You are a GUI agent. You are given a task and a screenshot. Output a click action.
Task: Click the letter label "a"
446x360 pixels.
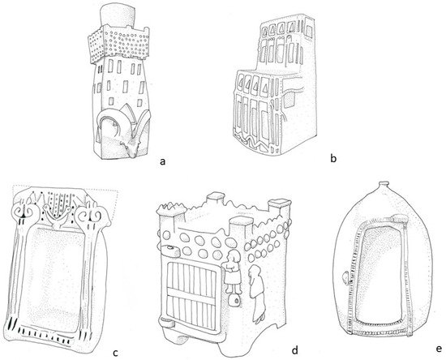coord(162,162)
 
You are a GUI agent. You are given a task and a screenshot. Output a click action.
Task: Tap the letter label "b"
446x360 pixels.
coord(333,158)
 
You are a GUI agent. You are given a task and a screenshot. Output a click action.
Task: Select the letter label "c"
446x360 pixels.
coord(115,353)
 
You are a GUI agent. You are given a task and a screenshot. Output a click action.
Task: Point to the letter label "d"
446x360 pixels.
coord(294,350)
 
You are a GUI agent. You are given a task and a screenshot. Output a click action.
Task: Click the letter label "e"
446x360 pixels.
coord(440,348)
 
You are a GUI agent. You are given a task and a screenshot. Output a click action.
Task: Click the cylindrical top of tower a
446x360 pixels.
coord(118,15)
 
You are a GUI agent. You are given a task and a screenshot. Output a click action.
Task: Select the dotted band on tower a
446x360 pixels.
coord(119,44)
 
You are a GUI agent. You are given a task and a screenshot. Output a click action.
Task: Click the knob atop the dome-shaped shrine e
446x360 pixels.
coord(384,184)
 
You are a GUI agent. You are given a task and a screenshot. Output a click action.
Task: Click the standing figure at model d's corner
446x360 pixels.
coord(234,272)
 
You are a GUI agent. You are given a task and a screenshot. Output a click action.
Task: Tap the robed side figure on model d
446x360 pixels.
coord(257,294)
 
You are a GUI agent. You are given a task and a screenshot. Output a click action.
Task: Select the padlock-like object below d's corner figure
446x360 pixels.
coord(234,302)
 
